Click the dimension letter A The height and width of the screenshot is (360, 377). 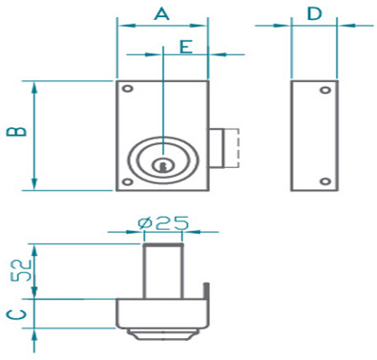[162, 14]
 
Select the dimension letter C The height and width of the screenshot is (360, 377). [16, 314]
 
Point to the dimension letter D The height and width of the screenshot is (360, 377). [314, 14]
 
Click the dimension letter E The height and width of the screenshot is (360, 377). [186, 47]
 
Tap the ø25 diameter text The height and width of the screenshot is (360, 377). [164, 222]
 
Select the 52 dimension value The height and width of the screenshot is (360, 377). [22, 270]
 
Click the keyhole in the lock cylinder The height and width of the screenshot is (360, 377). [163, 166]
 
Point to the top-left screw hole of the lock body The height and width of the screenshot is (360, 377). [128, 89]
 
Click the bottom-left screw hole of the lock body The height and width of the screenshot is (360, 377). [128, 181]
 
